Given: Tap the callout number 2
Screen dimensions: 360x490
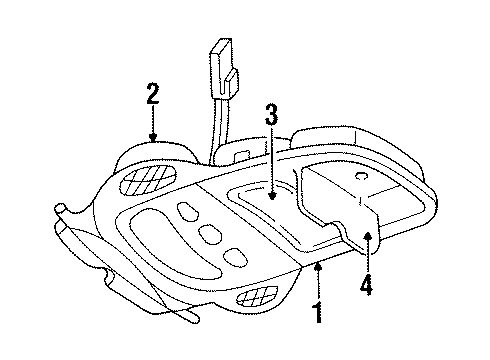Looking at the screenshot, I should pos(152,95).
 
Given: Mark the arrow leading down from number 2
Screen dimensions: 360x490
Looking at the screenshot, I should pos(152,128).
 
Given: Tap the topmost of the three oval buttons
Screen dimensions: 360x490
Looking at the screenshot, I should pos(188,211).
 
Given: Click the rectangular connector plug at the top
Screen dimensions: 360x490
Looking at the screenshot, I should pos(222,66).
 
